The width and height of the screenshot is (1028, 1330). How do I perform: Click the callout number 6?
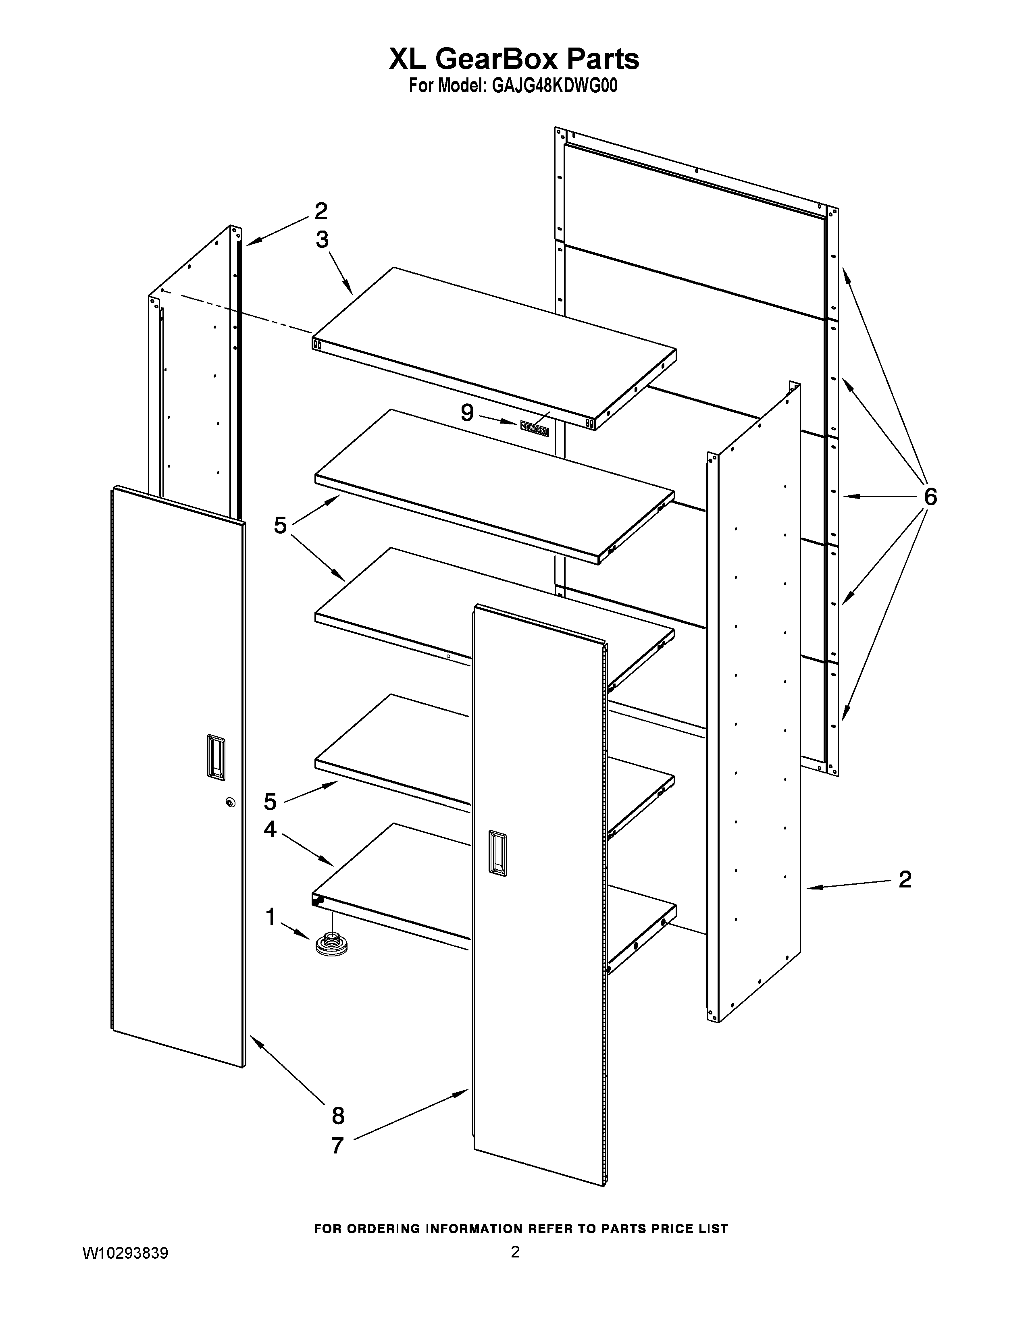pos(930,497)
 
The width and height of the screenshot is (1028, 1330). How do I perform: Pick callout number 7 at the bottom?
pos(337,1145)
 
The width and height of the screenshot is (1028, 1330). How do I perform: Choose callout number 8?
pos(338,1116)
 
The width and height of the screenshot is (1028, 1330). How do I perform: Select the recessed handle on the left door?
pos(215,757)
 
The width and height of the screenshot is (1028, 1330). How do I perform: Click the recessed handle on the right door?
pos(497,854)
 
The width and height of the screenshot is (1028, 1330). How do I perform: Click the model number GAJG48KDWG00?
pos(554,87)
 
